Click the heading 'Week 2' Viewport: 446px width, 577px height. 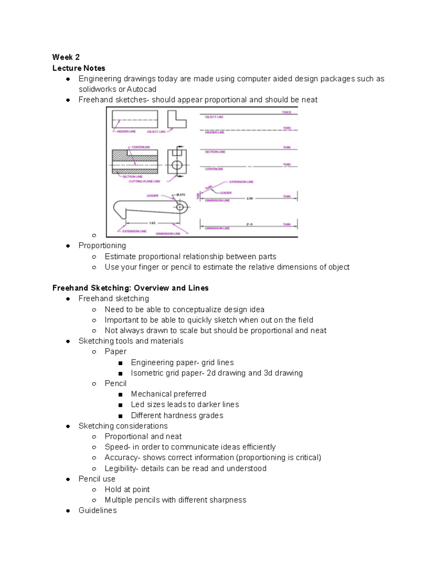[x=66, y=57]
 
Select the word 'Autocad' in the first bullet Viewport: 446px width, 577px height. [x=141, y=89]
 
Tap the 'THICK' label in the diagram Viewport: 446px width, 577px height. [x=287, y=112]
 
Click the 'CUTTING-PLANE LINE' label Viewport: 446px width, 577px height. [x=144, y=181]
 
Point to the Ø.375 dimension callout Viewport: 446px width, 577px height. [x=181, y=194]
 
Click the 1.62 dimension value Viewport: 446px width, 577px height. [x=152, y=223]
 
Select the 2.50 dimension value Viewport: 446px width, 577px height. [x=249, y=198]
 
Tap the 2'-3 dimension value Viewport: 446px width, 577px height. [x=249, y=224]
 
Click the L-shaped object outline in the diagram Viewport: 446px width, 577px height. [x=177, y=120]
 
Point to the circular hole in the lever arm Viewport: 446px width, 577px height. [x=181, y=207]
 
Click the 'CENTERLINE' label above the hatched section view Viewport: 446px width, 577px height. [x=141, y=147]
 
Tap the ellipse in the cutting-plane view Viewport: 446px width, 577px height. [x=177, y=165]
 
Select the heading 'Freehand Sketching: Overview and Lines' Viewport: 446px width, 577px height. [x=130, y=288]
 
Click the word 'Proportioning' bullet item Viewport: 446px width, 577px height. [x=102, y=246]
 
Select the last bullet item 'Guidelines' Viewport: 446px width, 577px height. [x=97, y=510]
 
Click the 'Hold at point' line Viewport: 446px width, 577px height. [x=127, y=489]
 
